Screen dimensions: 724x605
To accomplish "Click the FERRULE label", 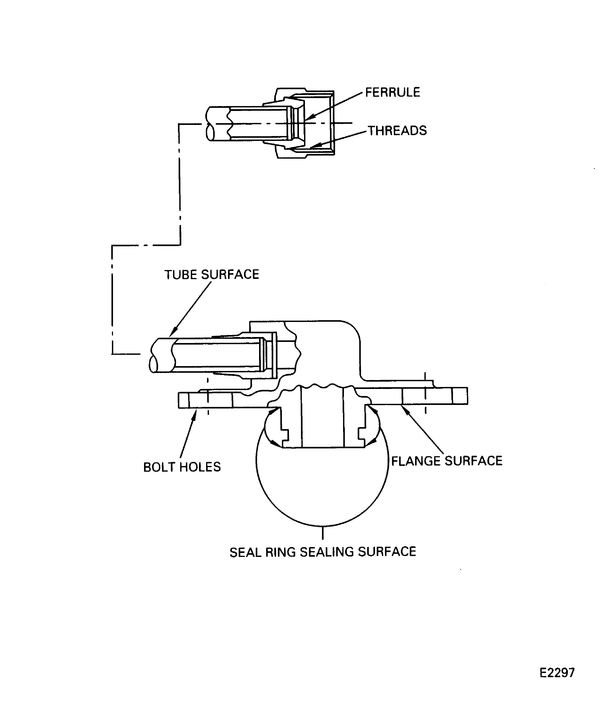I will (x=392, y=92).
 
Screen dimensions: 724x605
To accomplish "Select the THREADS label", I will (x=397, y=131).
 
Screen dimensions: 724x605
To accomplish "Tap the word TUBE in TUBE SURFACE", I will (x=181, y=274).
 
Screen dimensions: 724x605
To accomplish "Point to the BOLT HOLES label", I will (x=182, y=467).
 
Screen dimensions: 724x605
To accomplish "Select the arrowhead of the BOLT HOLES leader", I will (x=195, y=412).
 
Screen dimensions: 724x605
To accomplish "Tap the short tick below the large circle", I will (x=323, y=533).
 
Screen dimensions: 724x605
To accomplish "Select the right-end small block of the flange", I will (x=460, y=396).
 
